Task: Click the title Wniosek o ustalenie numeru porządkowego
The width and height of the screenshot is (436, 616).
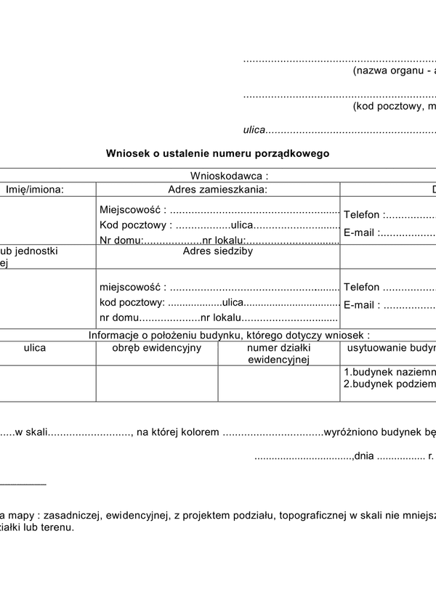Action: click(217, 154)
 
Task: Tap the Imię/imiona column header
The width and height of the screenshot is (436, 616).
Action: click(35, 190)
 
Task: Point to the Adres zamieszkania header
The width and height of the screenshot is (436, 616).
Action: click(218, 190)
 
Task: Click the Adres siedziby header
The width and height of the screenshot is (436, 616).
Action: click(218, 251)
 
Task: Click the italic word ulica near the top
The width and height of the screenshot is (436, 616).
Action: click(254, 131)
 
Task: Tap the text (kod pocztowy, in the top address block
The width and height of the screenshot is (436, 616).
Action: click(392, 106)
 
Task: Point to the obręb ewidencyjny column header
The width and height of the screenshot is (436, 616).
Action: click(157, 348)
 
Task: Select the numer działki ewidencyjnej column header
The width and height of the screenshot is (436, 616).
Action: click(279, 354)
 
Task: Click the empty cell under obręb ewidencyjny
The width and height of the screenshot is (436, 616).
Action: click(157, 383)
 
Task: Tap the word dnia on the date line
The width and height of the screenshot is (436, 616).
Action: click(365, 457)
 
